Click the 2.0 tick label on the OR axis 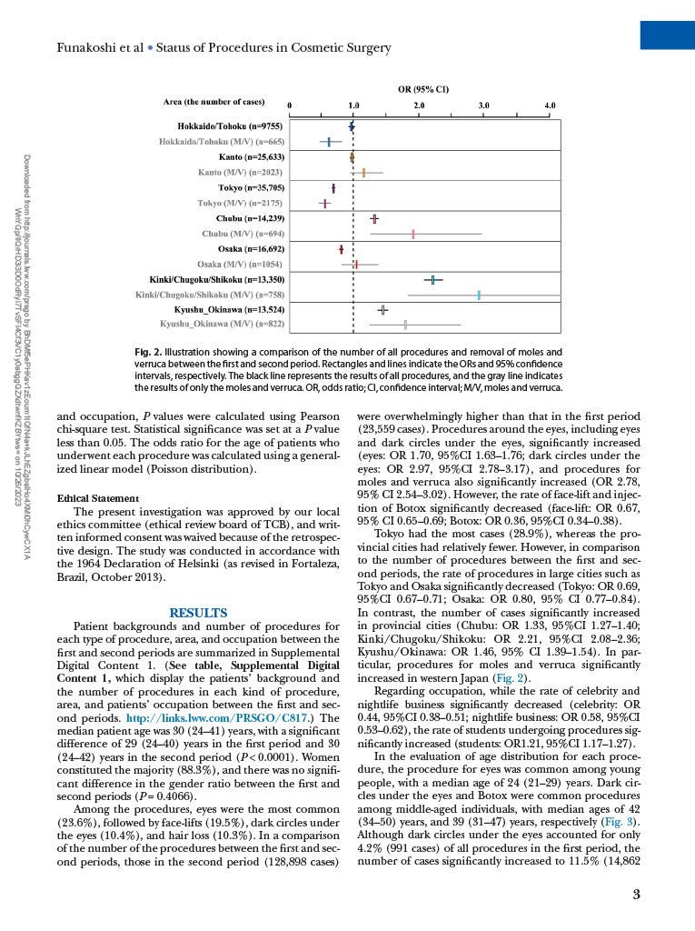[x=419, y=106]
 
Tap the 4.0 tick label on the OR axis [x=550, y=106]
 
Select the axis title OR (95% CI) [x=424, y=89]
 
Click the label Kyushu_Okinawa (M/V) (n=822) [x=223, y=324]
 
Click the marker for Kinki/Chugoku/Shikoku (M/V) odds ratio [x=479, y=295]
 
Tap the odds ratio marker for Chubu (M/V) [x=413, y=234]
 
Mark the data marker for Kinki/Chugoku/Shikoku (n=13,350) [x=433, y=279]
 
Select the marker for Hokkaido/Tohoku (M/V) [x=330, y=142]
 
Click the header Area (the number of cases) [x=213, y=102]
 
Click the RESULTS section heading [x=198, y=613]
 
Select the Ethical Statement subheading [x=97, y=498]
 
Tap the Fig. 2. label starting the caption [x=149, y=352]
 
